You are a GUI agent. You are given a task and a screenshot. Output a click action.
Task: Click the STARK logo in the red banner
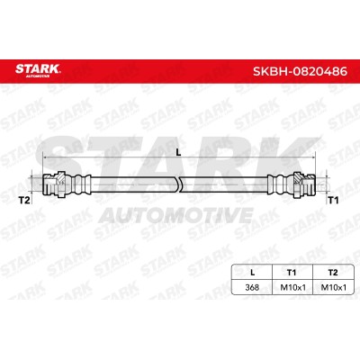coord(38,69)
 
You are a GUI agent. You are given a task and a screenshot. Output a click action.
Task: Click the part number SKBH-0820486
coord(300,71)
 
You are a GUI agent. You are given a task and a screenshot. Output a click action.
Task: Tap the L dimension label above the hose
coord(178,152)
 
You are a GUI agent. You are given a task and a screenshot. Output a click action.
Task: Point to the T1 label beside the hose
coord(333,200)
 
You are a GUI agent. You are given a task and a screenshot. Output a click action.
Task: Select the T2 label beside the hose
coord(24,200)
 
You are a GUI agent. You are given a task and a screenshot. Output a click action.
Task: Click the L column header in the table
coord(253,273)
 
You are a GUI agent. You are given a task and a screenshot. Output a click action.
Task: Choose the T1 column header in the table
coord(292,273)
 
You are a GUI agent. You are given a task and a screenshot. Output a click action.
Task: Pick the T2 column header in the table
coord(333,273)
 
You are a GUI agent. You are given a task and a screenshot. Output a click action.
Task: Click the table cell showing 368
coord(252,287)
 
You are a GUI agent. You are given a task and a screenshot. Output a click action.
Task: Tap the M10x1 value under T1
coord(292,287)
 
